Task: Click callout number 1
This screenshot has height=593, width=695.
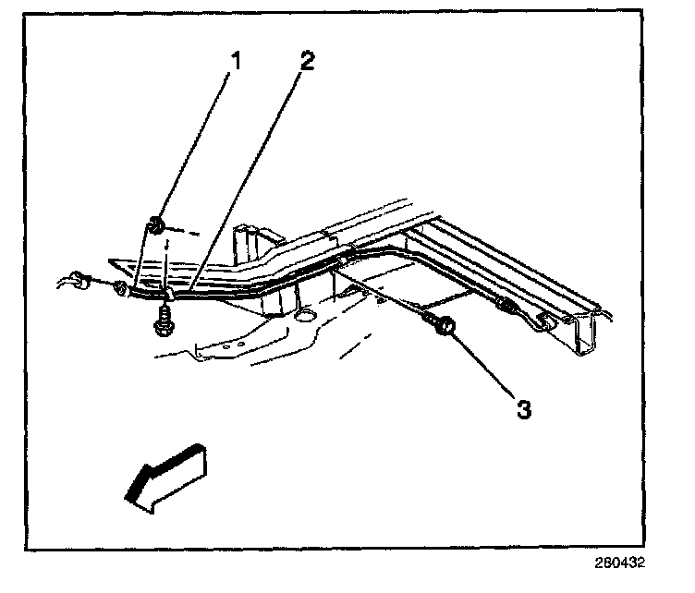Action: click(x=238, y=63)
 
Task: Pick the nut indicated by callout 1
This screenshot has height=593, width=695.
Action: click(x=157, y=224)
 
